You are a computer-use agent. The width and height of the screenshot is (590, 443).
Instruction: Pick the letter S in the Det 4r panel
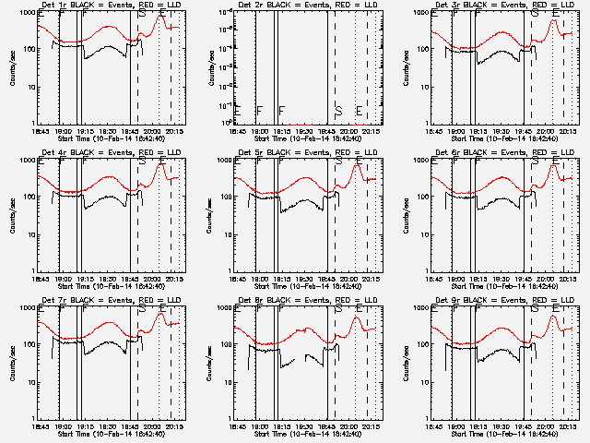142,161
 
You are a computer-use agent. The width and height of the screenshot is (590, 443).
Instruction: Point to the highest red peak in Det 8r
358,318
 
